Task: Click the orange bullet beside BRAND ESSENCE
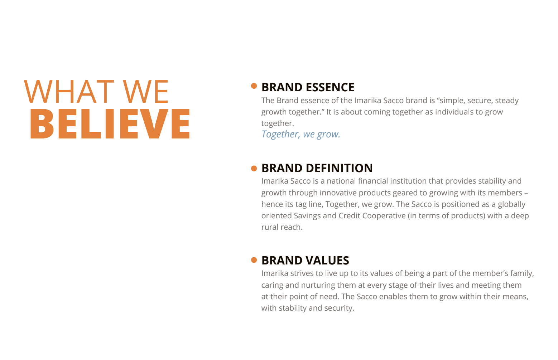pyautogui.click(x=254, y=86)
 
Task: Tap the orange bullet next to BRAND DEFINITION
pyautogui.click(x=254, y=169)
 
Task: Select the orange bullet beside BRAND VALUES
pyautogui.click(x=254, y=260)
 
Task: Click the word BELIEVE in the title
pyautogui.click(x=110, y=123)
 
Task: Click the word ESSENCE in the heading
pyautogui.click(x=330, y=87)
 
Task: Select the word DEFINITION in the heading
pyautogui.click(x=339, y=168)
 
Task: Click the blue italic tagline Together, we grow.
pyautogui.click(x=301, y=135)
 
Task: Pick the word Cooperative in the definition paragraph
pyautogui.click(x=384, y=215)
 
